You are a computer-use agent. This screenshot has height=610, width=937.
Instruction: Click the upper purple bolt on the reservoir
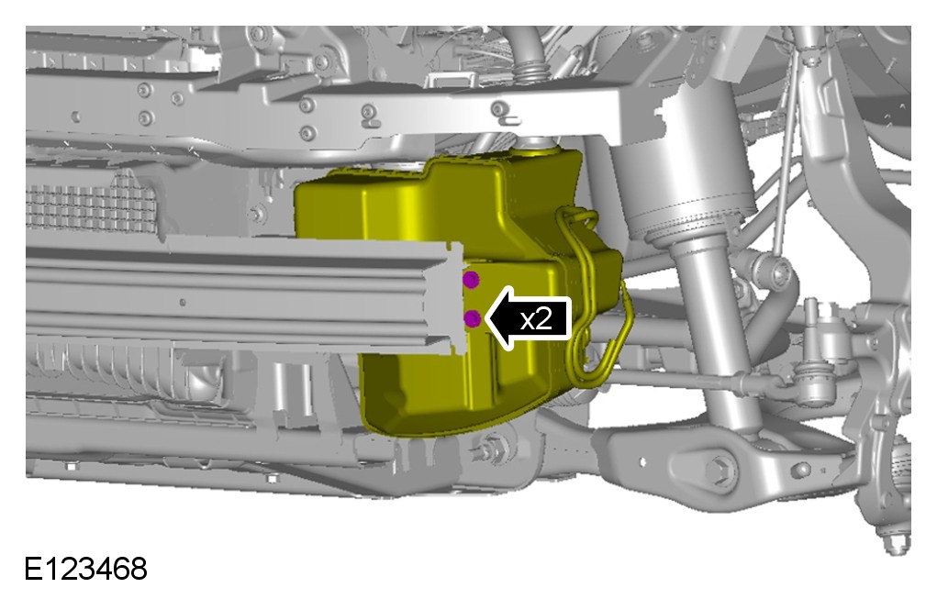pos(471,279)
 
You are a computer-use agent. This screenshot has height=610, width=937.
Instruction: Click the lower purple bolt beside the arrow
pos(473,318)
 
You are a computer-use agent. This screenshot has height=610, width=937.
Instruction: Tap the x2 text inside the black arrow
pos(536,319)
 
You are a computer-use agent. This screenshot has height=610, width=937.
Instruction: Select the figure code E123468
pos(85,569)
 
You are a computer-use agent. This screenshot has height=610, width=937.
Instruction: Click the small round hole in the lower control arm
pos(642,461)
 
